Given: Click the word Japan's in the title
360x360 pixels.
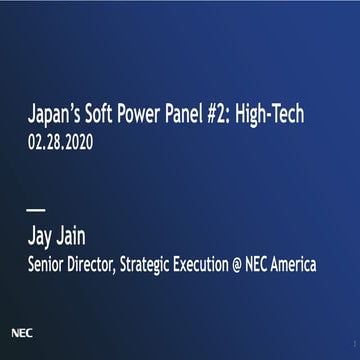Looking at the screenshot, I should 51,116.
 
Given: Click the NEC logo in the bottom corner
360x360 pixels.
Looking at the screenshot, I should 20,328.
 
